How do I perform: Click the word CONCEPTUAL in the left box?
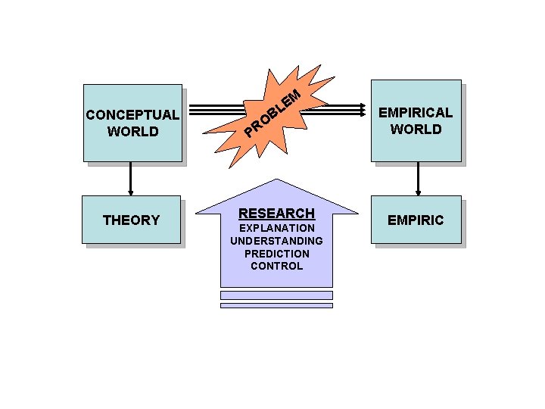click(x=132, y=115)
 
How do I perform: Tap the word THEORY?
click(x=131, y=220)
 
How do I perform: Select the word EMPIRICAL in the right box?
click(x=416, y=113)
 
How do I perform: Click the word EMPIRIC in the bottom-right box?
click(x=416, y=220)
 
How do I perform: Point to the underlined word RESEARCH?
click(x=276, y=214)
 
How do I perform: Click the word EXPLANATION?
click(x=276, y=228)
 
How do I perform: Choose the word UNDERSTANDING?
click(x=276, y=241)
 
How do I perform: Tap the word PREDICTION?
click(x=276, y=254)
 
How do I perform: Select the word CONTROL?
click(x=276, y=266)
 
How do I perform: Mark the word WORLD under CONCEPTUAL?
click(x=132, y=131)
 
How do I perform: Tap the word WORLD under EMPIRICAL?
click(x=416, y=129)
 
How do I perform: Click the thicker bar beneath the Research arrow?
click(x=276, y=295)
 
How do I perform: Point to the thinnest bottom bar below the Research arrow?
click(x=276, y=305)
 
